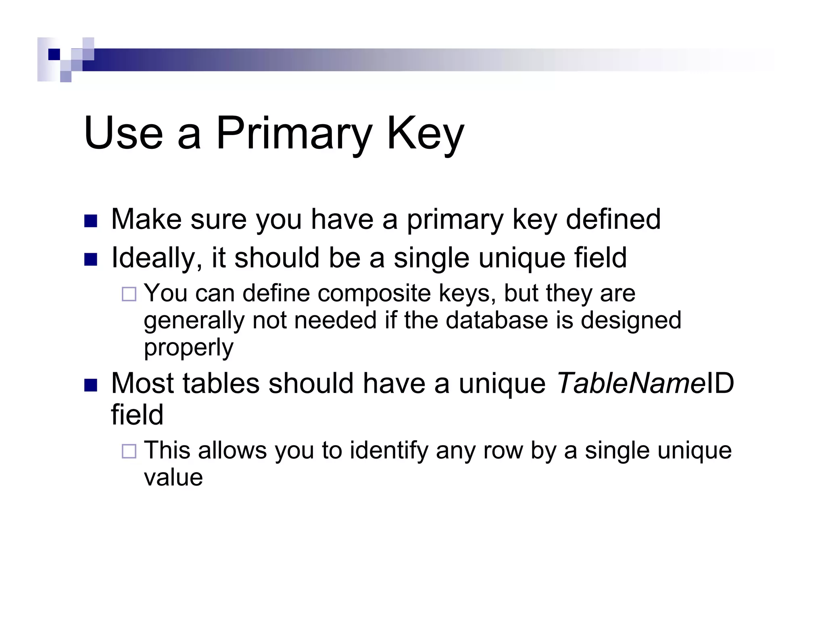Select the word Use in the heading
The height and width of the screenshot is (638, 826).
[123, 133]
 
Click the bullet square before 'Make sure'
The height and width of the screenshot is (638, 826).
[91, 221]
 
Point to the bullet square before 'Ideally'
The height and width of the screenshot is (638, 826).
[91, 259]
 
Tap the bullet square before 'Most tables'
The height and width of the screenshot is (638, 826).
[91, 385]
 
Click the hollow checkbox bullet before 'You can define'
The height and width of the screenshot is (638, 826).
[129, 294]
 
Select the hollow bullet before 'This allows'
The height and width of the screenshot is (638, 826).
[129, 451]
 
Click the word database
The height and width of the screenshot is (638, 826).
[497, 320]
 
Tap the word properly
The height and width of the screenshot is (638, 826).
[189, 348]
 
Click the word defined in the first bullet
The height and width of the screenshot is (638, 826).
[613, 219]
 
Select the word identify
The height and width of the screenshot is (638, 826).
[388, 450]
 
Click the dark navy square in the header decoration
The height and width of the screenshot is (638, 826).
[54, 54]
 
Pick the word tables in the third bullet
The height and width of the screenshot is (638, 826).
[221, 383]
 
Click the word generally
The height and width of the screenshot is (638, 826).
[194, 321]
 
